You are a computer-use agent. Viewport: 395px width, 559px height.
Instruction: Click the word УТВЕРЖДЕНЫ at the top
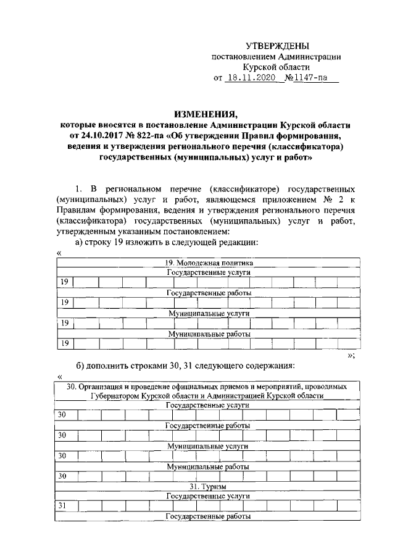coord(276,46)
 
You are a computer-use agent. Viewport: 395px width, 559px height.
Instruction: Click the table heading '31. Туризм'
coord(207,485)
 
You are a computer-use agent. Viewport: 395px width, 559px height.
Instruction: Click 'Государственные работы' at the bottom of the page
coord(207,515)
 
